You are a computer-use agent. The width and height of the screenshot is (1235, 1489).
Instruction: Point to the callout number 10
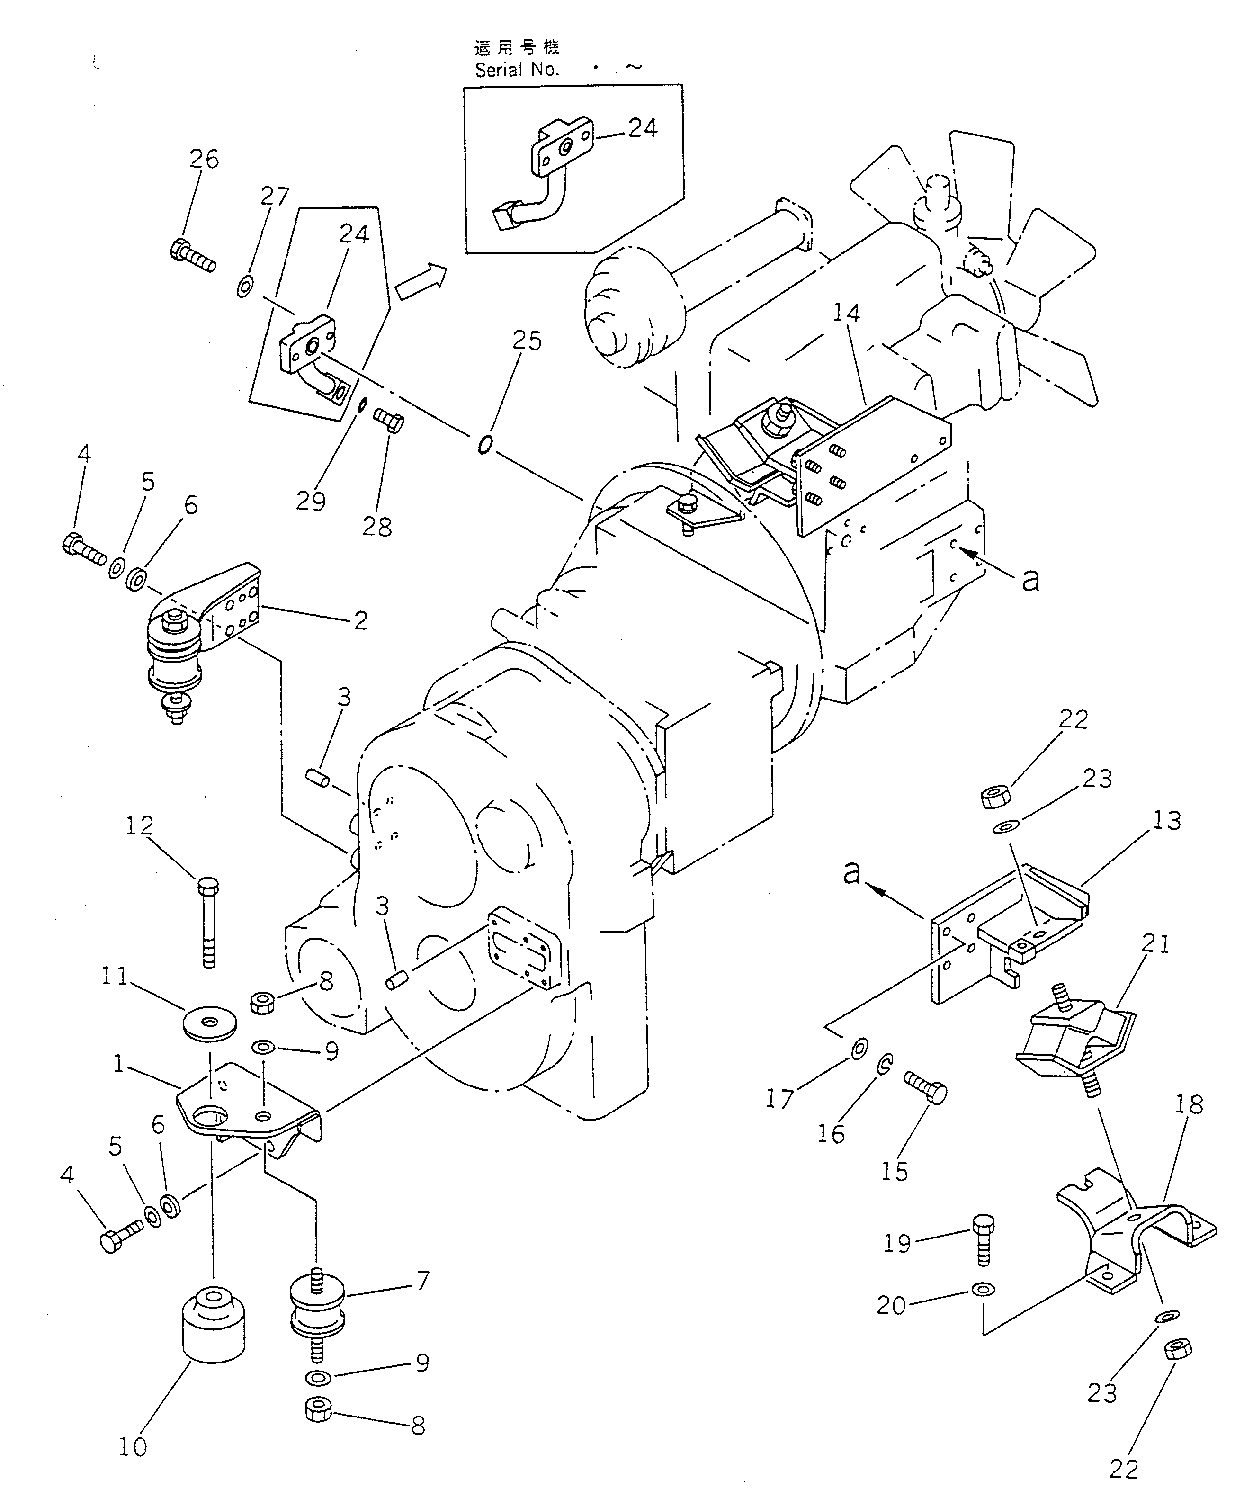133,1446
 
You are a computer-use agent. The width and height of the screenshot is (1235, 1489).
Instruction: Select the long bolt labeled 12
208,921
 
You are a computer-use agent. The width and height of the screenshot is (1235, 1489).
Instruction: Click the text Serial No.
517,70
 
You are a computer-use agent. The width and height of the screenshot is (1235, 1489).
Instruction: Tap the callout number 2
360,621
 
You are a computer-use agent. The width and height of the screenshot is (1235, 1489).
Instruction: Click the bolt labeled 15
925,1098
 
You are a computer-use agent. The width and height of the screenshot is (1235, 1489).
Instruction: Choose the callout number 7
422,1281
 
